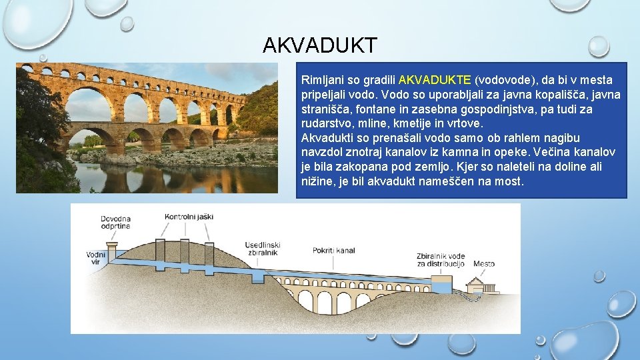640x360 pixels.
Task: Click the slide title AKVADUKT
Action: (x=319, y=45)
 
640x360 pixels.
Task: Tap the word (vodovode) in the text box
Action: (x=506, y=80)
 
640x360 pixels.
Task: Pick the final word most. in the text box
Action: (x=510, y=181)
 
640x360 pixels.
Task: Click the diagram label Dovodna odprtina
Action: (x=115, y=222)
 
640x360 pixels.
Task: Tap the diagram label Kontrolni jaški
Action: (x=189, y=217)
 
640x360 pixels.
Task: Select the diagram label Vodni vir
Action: (x=95, y=258)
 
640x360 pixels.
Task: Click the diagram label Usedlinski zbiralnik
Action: (x=262, y=249)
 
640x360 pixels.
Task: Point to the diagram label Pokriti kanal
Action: (x=334, y=251)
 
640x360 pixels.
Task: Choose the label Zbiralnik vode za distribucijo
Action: (x=440, y=260)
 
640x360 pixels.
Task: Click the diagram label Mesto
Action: (x=484, y=264)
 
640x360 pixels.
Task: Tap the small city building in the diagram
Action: (x=484, y=285)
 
